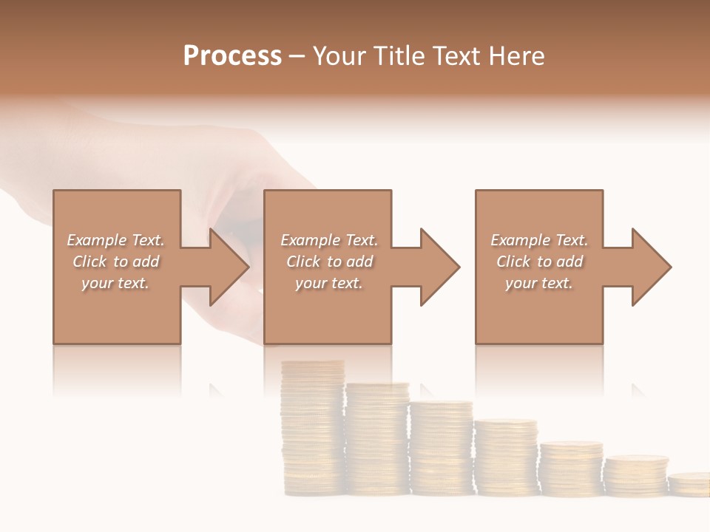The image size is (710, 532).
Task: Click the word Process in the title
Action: point(232,56)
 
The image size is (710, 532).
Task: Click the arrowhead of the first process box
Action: point(229,267)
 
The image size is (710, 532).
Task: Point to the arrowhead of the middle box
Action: point(440,267)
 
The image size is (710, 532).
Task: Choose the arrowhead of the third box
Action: point(652,267)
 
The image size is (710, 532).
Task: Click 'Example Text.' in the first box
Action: point(116,240)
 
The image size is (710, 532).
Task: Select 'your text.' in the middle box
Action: point(328,283)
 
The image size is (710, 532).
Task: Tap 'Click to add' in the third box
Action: point(539,262)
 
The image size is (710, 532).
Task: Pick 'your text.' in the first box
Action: point(116,283)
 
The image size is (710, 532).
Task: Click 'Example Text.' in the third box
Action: point(539,240)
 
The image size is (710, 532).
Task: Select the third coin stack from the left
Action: point(442,448)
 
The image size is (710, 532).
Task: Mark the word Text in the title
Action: point(457,56)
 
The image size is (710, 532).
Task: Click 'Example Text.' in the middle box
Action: point(328,240)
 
